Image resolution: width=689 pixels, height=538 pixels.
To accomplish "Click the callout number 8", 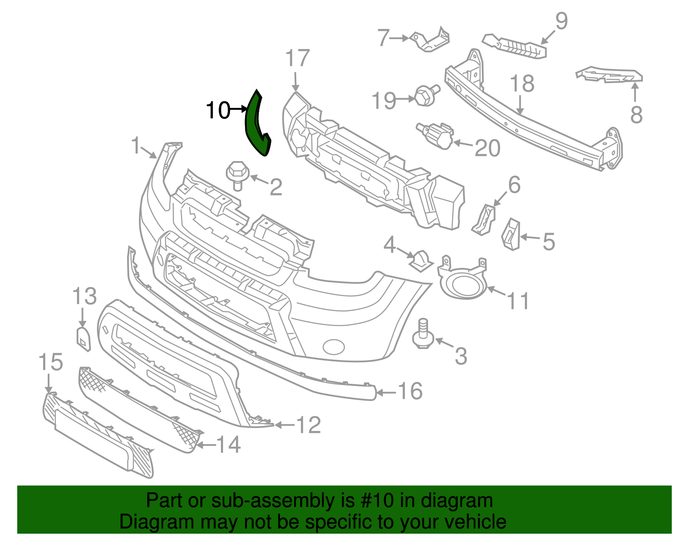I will coord(636,115).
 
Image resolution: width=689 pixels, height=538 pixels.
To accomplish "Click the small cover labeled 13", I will coord(84,339).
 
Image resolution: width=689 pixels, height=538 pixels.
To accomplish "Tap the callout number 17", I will coord(297,58).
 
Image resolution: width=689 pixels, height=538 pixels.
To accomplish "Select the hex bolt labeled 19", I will coord(425,95).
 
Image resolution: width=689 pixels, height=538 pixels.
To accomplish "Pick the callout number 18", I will coord(522,84).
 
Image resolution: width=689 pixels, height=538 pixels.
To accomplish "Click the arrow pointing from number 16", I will coord(386,392).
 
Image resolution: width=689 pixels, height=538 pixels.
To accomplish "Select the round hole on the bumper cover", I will coord(334,347).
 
